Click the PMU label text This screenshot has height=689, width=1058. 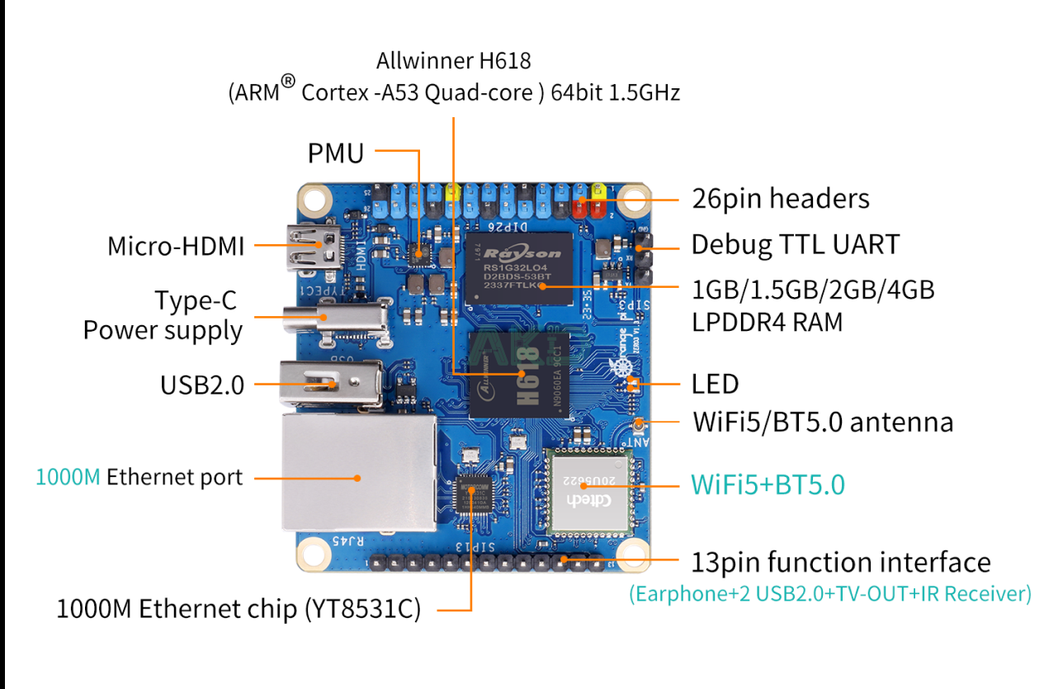pyautogui.click(x=335, y=153)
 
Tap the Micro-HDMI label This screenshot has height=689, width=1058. pyautogui.click(x=176, y=246)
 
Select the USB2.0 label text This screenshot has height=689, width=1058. pyautogui.click(x=202, y=385)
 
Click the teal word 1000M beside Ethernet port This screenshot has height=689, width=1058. pyautogui.click(x=68, y=477)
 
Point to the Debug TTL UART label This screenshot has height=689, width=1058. pyautogui.click(x=795, y=244)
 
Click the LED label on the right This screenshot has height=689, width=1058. pyautogui.click(x=715, y=384)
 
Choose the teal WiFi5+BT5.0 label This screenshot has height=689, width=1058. pyautogui.click(x=768, y=484)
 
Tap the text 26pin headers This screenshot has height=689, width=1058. pyautogui.click(x=780, y=199)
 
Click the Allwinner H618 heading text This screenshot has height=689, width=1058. pyautogui.click(x=454, y=60)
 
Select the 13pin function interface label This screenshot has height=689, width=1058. pyautogui.click(x=840, y=563)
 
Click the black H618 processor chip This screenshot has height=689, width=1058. pyautogui.click(x=518, y=375)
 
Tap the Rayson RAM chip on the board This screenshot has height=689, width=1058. pyautogui.click(x=517, y=267)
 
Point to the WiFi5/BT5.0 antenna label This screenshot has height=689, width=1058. pyautogui.click(x=823, y=422)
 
